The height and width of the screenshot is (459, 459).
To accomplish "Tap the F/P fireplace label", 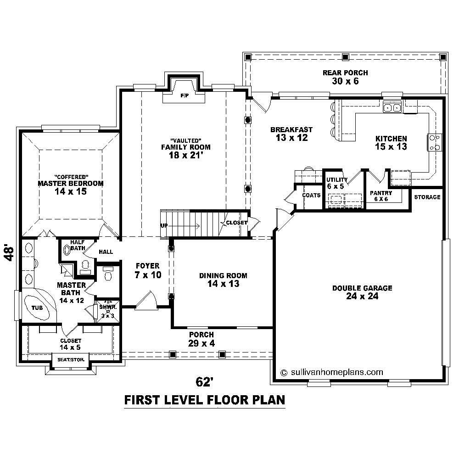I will pyautogui.click(x=184, y=96).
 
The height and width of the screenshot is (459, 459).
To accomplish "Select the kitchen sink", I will pyautogui.click(x=392, y=108).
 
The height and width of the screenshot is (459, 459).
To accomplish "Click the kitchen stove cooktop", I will pyautogui.click(x=435, y=142).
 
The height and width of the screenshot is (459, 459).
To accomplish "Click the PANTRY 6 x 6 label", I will pyautogui.click(x=381, y=196).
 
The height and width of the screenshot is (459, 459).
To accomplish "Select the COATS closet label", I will pyautogui.click(x=311, y=195).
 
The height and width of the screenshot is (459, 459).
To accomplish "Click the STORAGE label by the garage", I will pyautogui.click(x=427, y=197).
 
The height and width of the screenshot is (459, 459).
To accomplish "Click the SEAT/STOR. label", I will pyautogui.click(x=71, y=359).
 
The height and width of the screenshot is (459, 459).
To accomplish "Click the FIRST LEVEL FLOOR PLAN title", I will pyautogui.click(x=205, y=400).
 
